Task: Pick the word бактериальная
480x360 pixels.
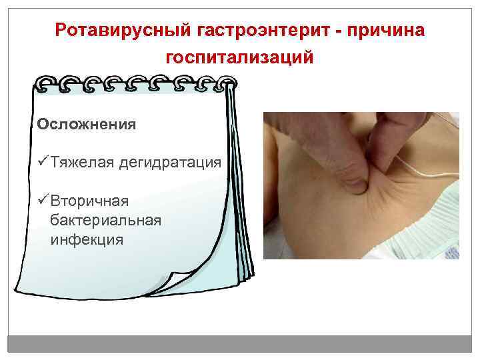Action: (105, 220)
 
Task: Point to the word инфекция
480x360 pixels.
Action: (87, 239)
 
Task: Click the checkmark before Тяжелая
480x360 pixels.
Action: (43, 162)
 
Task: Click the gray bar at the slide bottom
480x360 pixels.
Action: (240, 345)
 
